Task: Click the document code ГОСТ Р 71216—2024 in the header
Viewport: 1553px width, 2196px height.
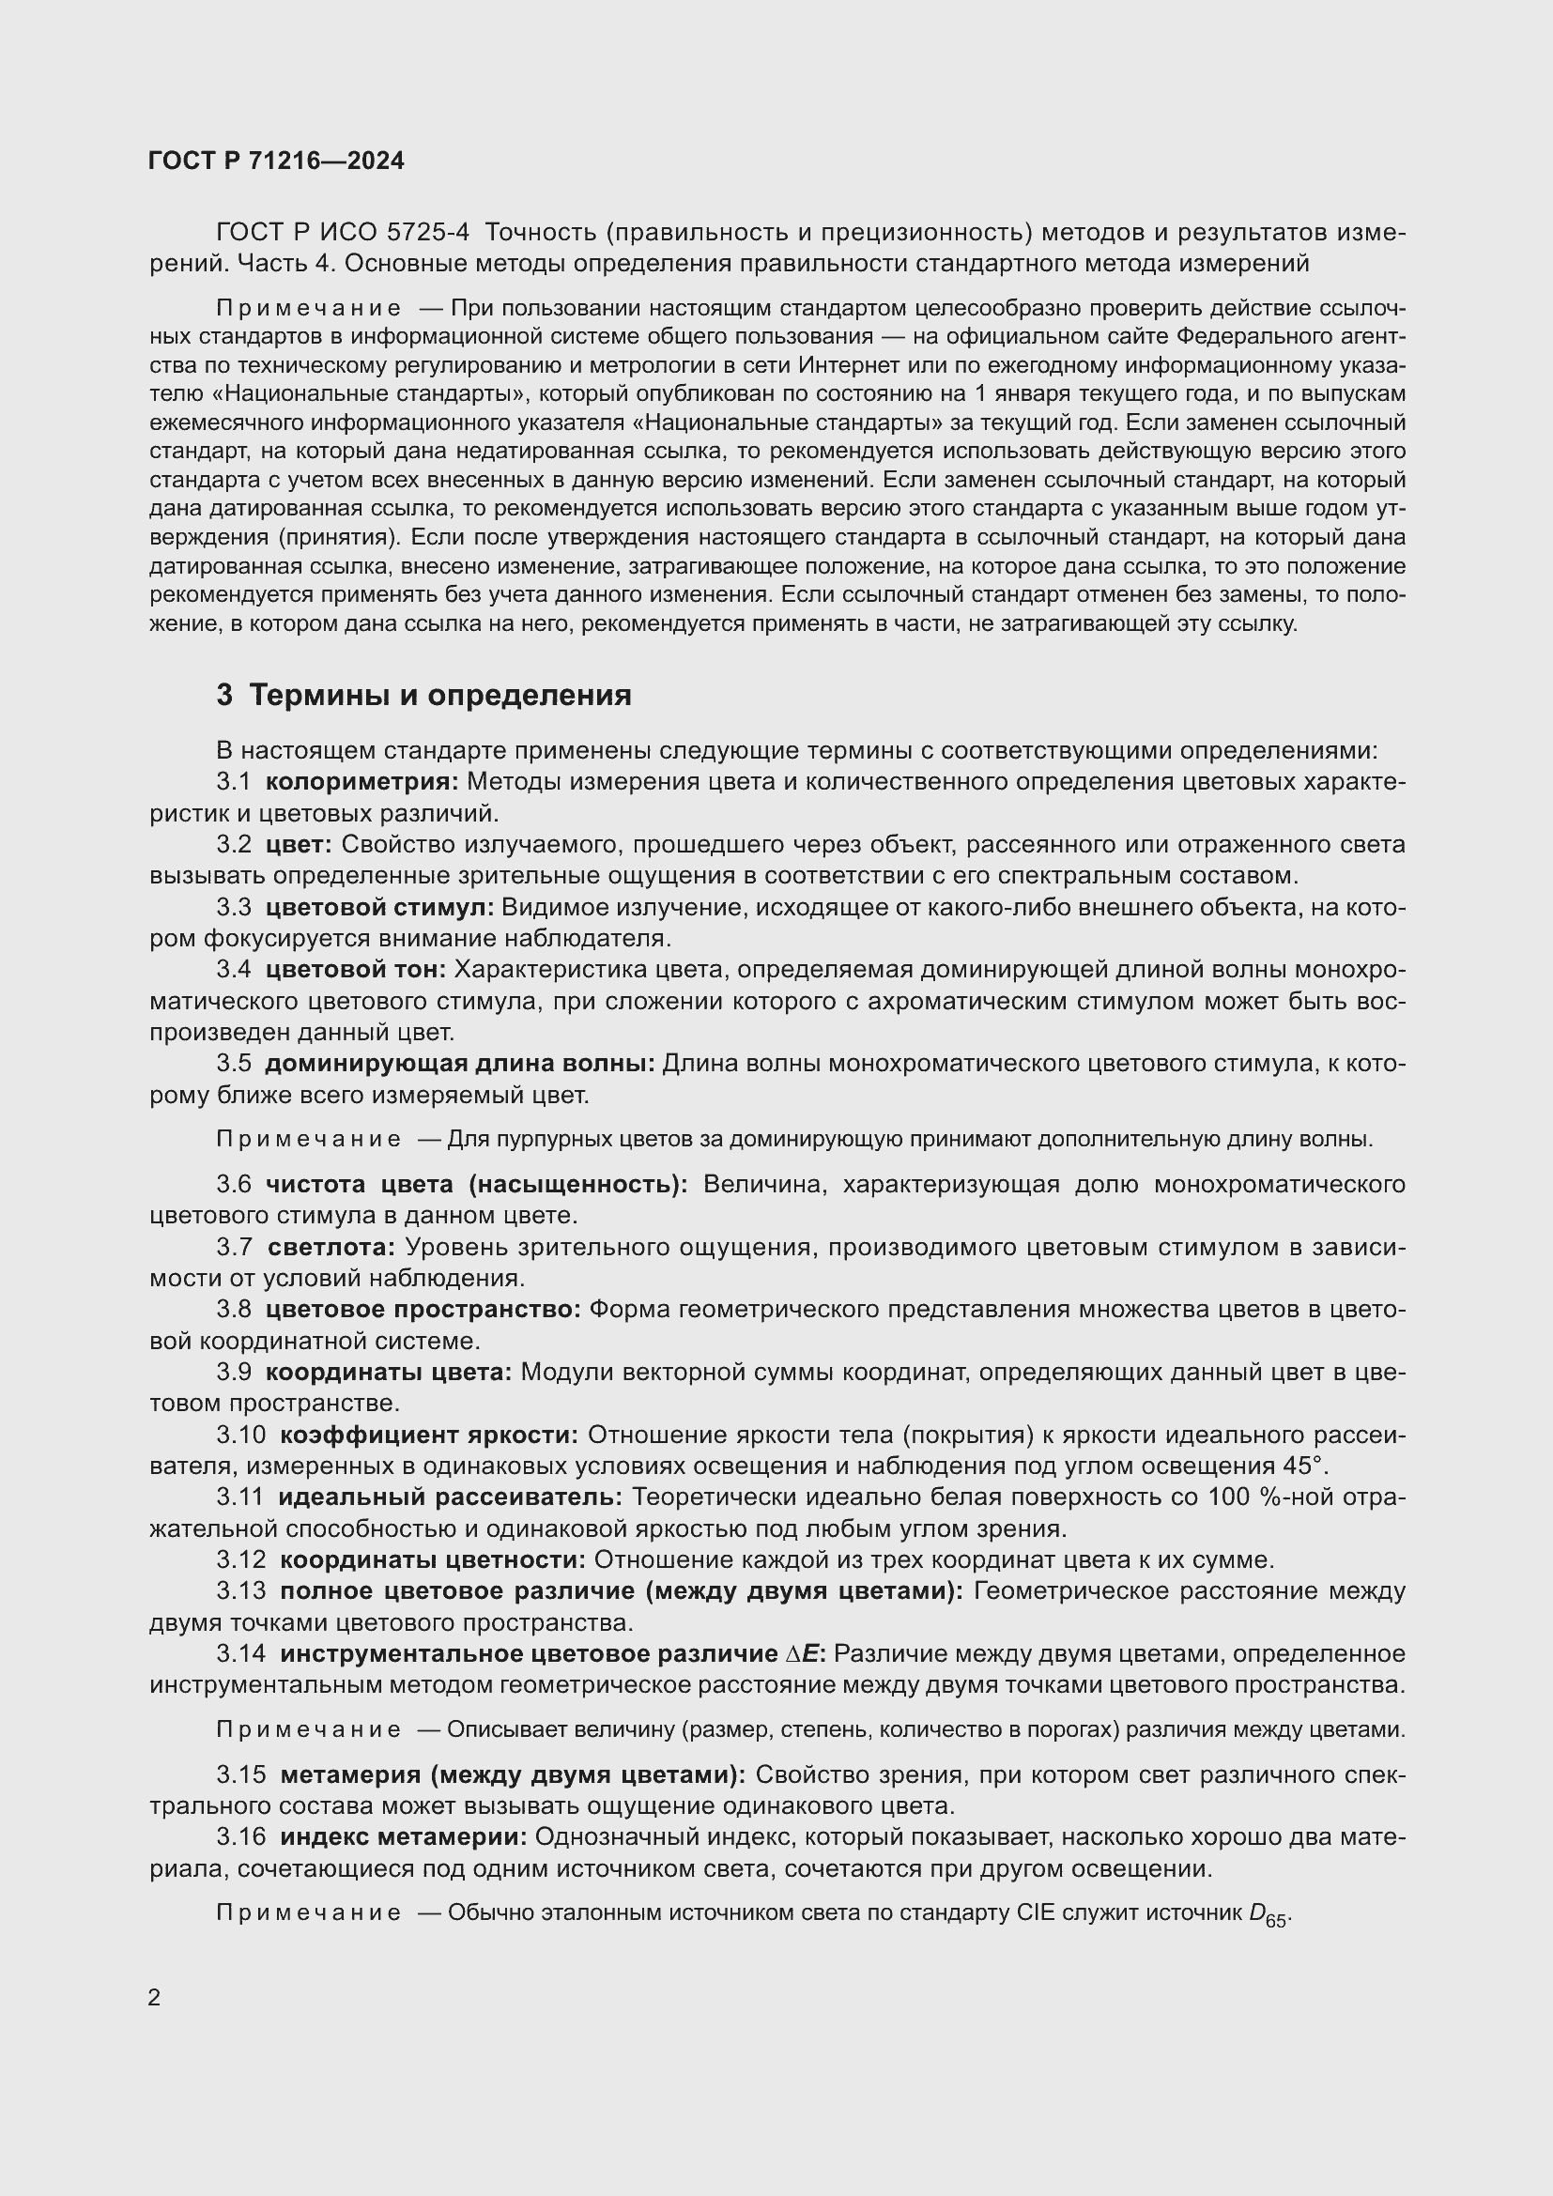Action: (x=276, y=161)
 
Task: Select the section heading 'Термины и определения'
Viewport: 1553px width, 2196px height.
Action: (x=439, y=696)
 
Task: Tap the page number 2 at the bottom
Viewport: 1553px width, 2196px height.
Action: (x=155, y=1997)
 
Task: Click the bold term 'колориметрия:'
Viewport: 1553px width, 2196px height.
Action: (x=361, y=781)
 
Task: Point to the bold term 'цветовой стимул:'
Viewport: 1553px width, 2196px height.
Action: (x=379, y=907)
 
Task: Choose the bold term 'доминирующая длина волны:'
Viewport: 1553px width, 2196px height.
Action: (x=459, y=1063)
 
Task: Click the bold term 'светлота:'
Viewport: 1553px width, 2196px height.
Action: (x=331, y=1246)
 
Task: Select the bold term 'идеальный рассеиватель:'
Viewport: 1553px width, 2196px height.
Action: (x=451, y=1496)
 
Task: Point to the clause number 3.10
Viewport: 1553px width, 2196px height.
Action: (x=240, y=1435)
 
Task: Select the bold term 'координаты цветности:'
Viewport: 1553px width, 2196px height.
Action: (x=432, y=1560)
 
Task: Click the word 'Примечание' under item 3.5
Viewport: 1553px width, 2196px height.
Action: (x=309, y=1139)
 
